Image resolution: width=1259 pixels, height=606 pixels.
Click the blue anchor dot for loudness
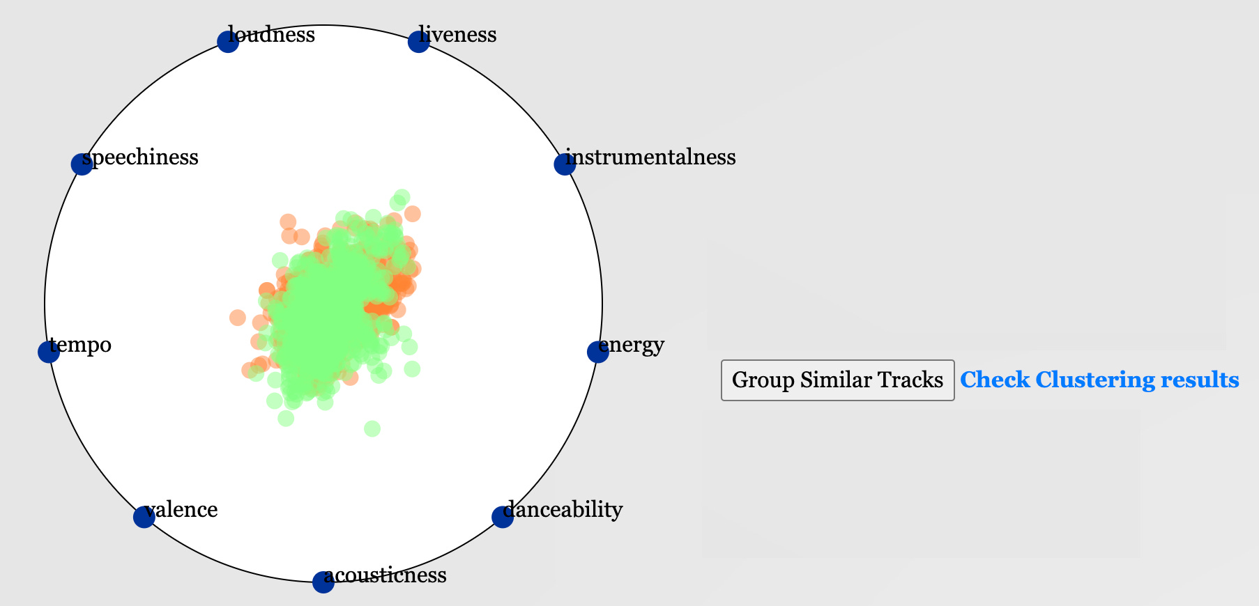(228, 41)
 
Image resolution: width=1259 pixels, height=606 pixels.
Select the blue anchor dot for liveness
(418, 41)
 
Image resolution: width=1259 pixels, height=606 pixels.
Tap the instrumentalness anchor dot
(564, 164)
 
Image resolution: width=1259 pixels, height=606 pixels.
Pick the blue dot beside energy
(597, 352)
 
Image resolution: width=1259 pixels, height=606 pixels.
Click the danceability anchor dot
(502, 517)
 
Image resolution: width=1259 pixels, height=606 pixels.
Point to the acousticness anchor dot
(323, 582)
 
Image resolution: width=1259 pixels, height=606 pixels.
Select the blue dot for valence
(144, 517)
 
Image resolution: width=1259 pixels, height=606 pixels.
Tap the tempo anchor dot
(48, 352)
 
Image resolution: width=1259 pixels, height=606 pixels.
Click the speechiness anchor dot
(82, 164)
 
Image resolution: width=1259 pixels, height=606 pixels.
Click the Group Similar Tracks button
(837, 380)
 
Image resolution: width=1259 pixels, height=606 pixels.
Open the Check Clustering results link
(1099, 380)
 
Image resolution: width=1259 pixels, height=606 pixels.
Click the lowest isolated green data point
(372, 428)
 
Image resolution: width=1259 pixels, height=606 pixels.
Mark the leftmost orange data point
(237, 318)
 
